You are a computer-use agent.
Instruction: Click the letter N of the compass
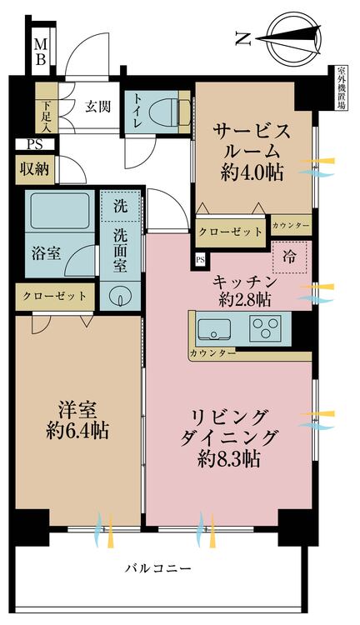pos(242,37)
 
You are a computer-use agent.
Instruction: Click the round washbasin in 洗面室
pos(122,296)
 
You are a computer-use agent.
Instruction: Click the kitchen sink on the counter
pos(217,328)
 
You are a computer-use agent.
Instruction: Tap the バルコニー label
pos(157,569)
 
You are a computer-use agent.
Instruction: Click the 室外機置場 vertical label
pos(342,91)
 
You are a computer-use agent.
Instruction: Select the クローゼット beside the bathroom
pos(54,296)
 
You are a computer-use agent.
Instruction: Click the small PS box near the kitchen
pos(200,260)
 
